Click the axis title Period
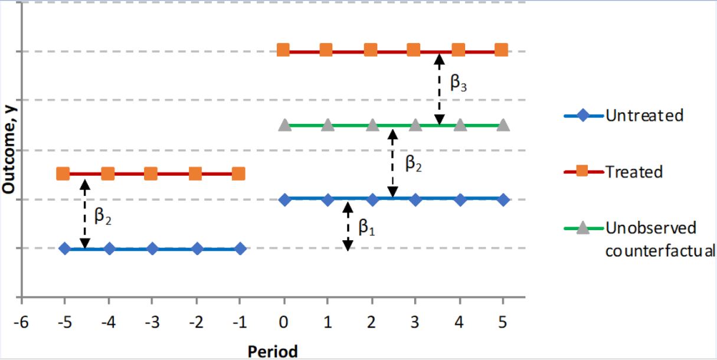[x=273, y=351]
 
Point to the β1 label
[x=366, y=227]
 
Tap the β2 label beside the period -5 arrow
[x=103, y=218]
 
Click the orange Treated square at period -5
[x=63, y=174]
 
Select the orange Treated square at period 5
[x=501, y=50]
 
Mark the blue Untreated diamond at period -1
[x=240, y=248]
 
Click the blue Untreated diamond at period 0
[x=284, y=199]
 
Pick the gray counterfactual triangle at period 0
[x=284, y=125]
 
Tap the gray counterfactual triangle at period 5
[x=503, y=125]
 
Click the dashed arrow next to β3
[x=438, y=89]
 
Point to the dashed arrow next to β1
[x=348, y=225]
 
